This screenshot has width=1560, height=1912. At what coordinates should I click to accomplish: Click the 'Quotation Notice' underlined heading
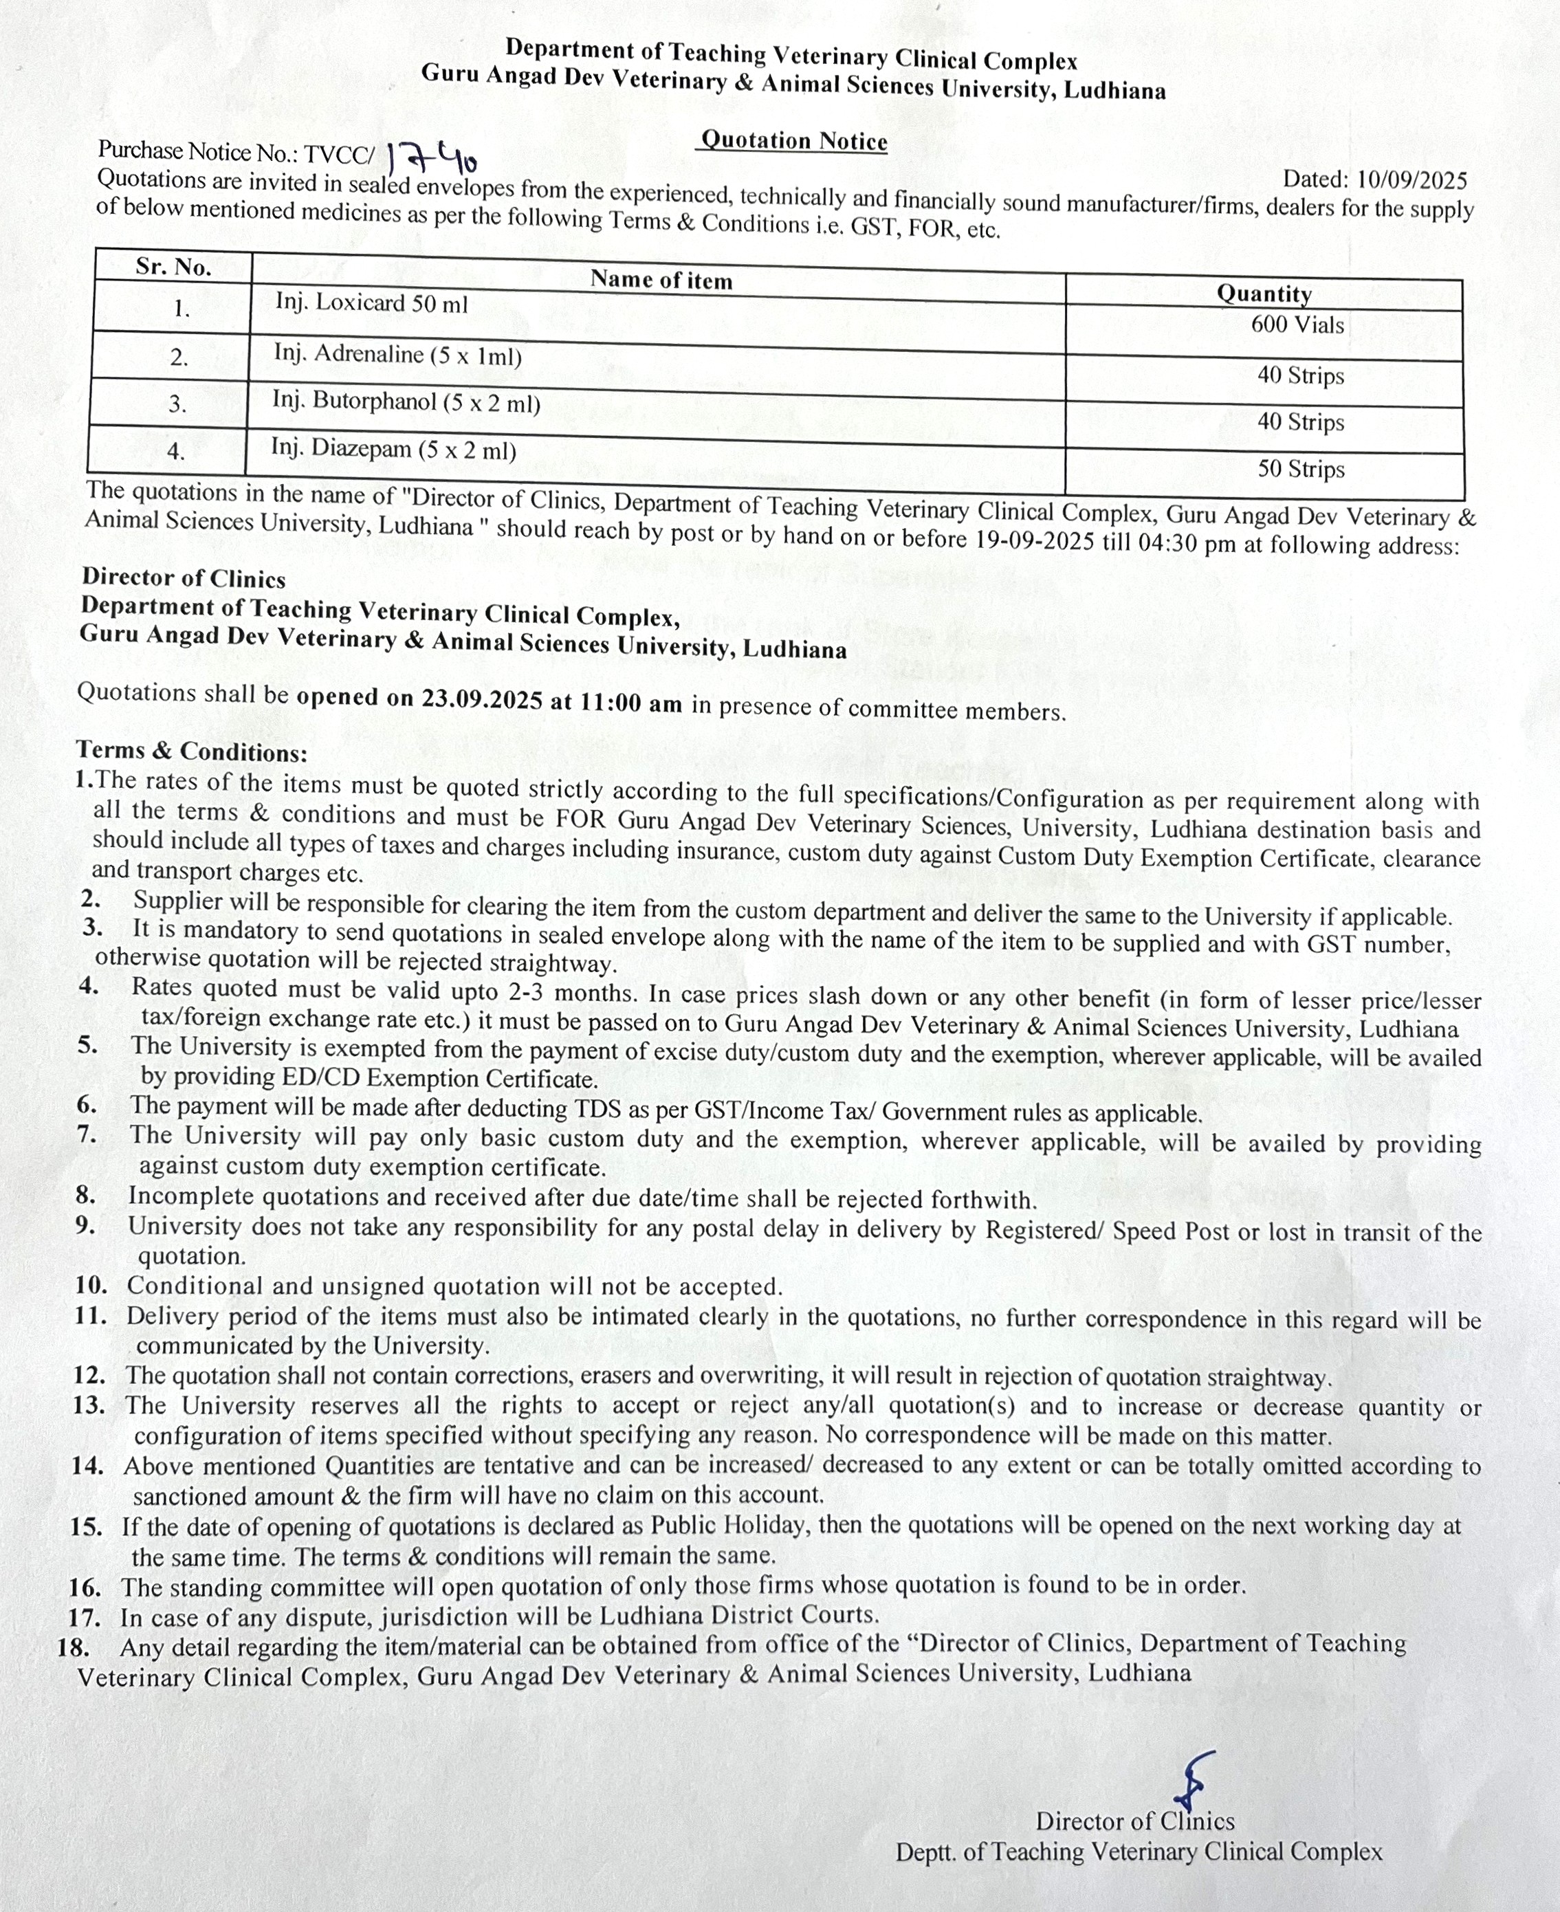point(793,141)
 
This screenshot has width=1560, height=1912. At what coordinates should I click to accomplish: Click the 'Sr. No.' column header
point(173,267)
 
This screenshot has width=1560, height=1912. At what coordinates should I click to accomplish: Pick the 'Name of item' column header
point(661,279)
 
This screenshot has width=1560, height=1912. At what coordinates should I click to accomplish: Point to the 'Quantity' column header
point(1264,294)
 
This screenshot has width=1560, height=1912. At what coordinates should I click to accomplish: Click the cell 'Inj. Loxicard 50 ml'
point(371,303)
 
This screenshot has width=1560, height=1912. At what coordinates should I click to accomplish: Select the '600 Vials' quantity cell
point(1297,325)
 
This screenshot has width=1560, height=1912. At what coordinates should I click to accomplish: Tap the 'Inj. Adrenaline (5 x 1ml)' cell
point(397,355)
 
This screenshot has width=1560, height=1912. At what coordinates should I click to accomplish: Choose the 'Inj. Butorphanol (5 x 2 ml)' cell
point(406,402)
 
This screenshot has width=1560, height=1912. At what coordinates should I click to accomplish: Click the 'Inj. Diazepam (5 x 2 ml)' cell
point(393,448)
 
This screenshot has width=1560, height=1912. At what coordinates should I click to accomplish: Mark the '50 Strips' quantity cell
point(1300,469)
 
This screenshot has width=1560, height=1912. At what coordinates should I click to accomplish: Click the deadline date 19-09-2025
point(1033,540)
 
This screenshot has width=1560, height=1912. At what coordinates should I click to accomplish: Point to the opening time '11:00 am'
point(631,703)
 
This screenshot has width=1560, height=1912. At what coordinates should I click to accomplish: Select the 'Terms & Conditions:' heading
point(191,751)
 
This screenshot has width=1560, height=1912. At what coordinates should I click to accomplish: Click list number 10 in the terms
point(91,1286)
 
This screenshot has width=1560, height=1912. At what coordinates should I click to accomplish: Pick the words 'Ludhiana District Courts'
point(738,1614)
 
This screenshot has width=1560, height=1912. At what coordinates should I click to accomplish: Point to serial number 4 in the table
point(176,451)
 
